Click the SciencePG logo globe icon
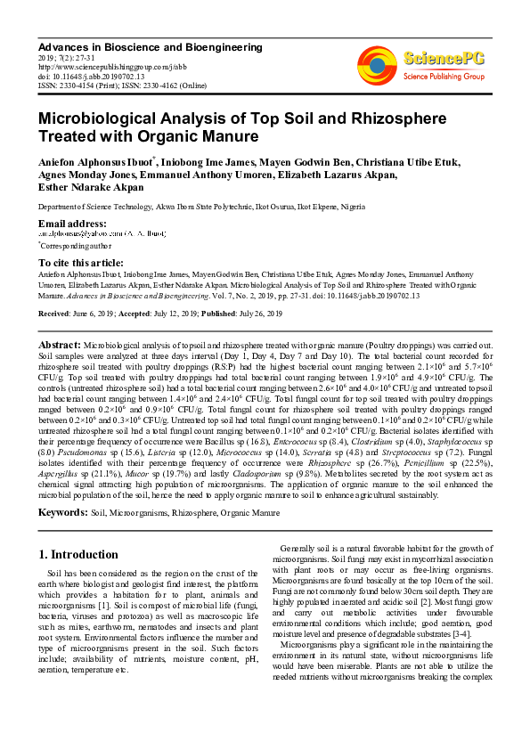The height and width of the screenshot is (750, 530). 377,62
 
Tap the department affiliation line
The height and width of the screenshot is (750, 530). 201,207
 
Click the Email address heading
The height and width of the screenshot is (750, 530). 72,222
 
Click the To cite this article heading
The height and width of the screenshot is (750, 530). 81,263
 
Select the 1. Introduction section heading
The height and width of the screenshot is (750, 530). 78,554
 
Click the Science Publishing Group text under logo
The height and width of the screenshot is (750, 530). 443,76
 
